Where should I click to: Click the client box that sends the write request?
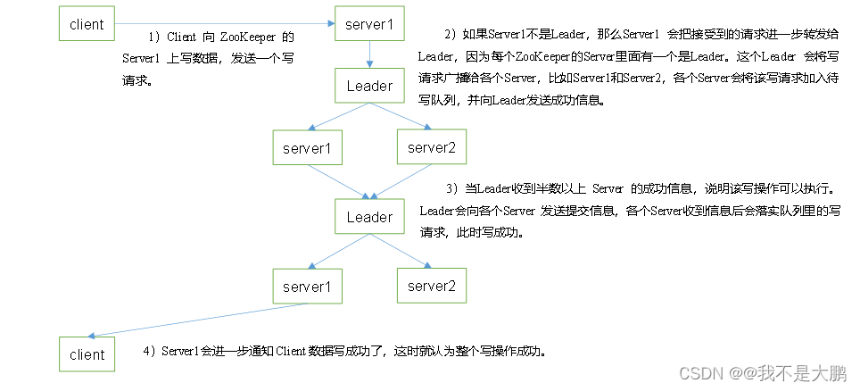click(x=87, y=24)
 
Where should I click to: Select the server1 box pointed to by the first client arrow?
click(x=369, y=24)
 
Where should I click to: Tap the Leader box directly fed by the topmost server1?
click(x=369, y=86)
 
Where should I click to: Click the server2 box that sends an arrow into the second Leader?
click(x=431, y=147)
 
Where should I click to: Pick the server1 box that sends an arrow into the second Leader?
click(x=307, y=147)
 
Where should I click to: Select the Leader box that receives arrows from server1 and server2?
click(x=369, y=217)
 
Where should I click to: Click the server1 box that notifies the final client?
click(x=307, y=287)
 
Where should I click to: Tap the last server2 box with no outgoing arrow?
click(x=431, y=287)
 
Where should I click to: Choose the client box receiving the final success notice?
click(x=87, y=354)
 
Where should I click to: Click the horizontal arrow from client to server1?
click(x=223, y=24)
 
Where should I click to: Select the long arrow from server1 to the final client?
click(x=196, y=320)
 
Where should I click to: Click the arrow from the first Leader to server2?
click(x=401, y=117)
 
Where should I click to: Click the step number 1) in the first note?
click(x=153, y=37)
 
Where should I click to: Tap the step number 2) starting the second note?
click(x=449, y=35)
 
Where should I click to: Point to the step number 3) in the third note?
click(x=451, y=189)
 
